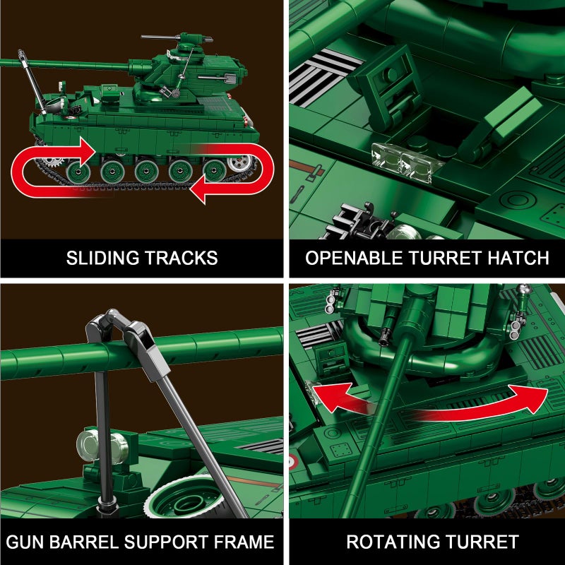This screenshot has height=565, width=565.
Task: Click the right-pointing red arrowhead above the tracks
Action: click(85, 150)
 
